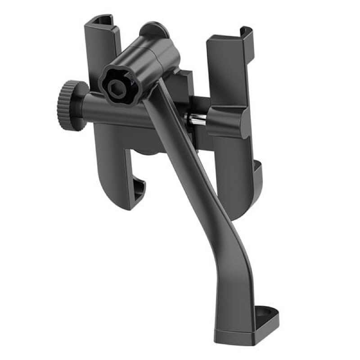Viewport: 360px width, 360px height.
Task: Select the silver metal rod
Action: (x=197, y=119)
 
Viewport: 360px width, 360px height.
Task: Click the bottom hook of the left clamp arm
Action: (x=140, y=189)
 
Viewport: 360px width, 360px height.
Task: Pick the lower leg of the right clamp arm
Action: (x=234, y=171)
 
